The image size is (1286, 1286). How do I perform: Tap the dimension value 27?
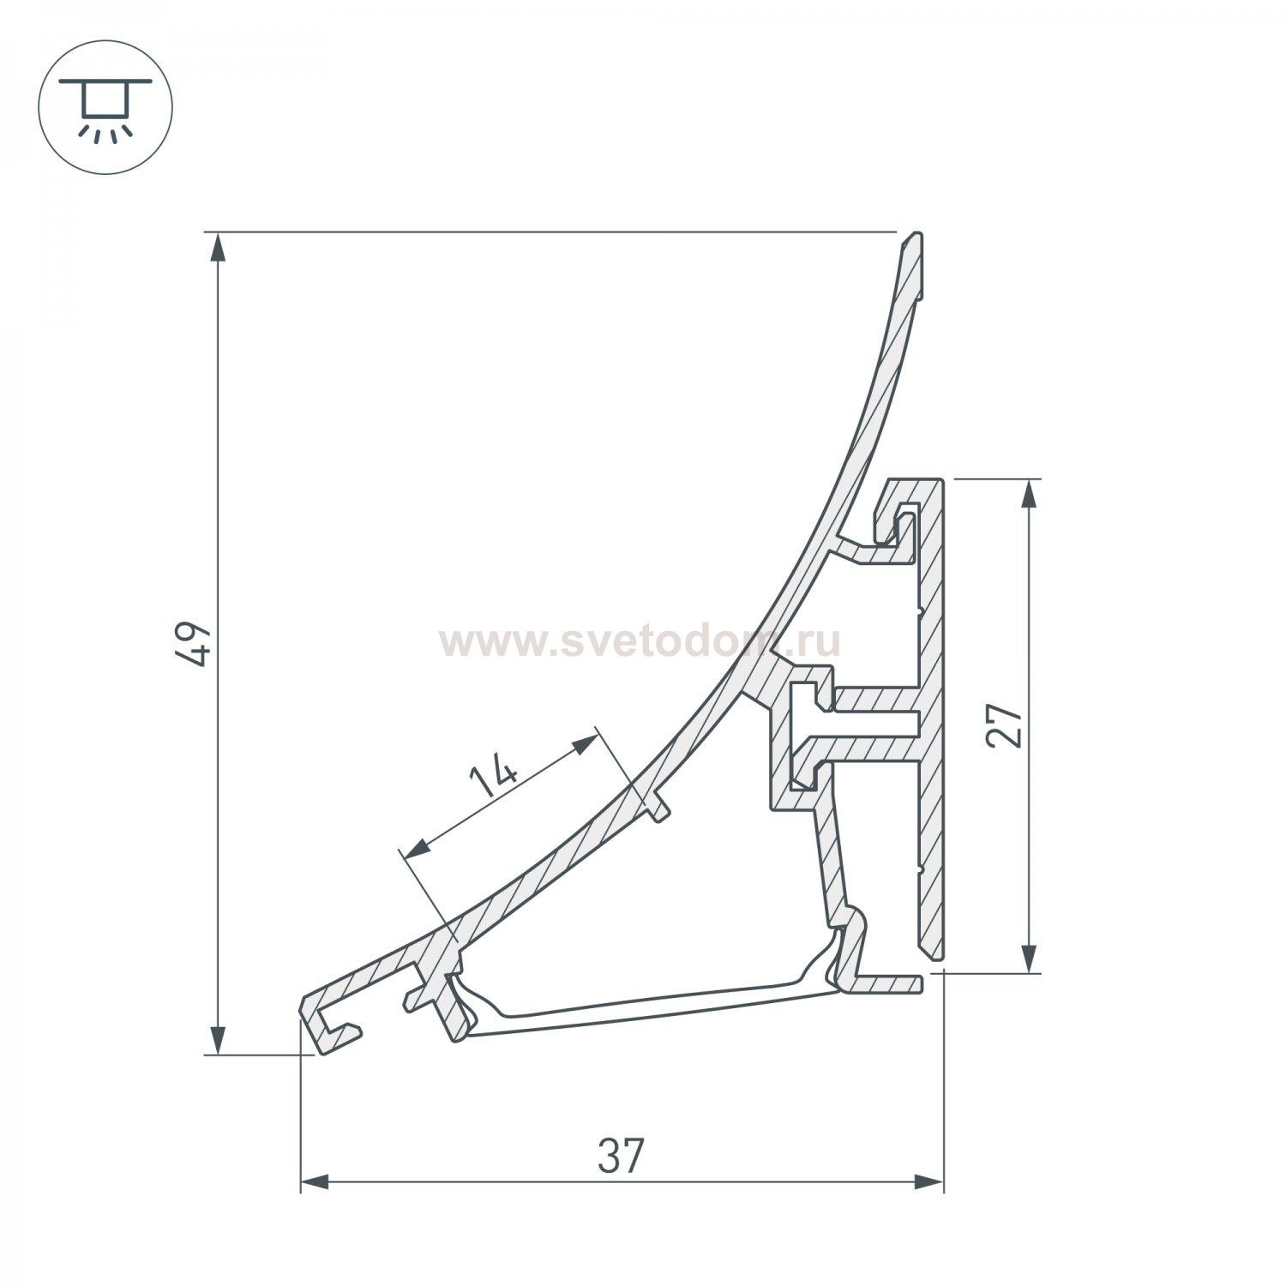click(x=1005, y=726)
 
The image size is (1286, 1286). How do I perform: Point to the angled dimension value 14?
click(x=495, y=778)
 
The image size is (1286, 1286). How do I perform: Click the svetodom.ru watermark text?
click(x=640, y=641)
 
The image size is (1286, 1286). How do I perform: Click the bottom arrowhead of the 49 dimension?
click(x=219, y=1039)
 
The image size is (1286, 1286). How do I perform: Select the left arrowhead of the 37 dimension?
click(x=315, y=1182)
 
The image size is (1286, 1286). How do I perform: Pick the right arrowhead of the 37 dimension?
click(x=928, y=1182)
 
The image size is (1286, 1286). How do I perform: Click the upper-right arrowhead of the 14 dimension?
click(x=586, y=742)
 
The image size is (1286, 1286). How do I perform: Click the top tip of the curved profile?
click(x=917, y=237)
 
